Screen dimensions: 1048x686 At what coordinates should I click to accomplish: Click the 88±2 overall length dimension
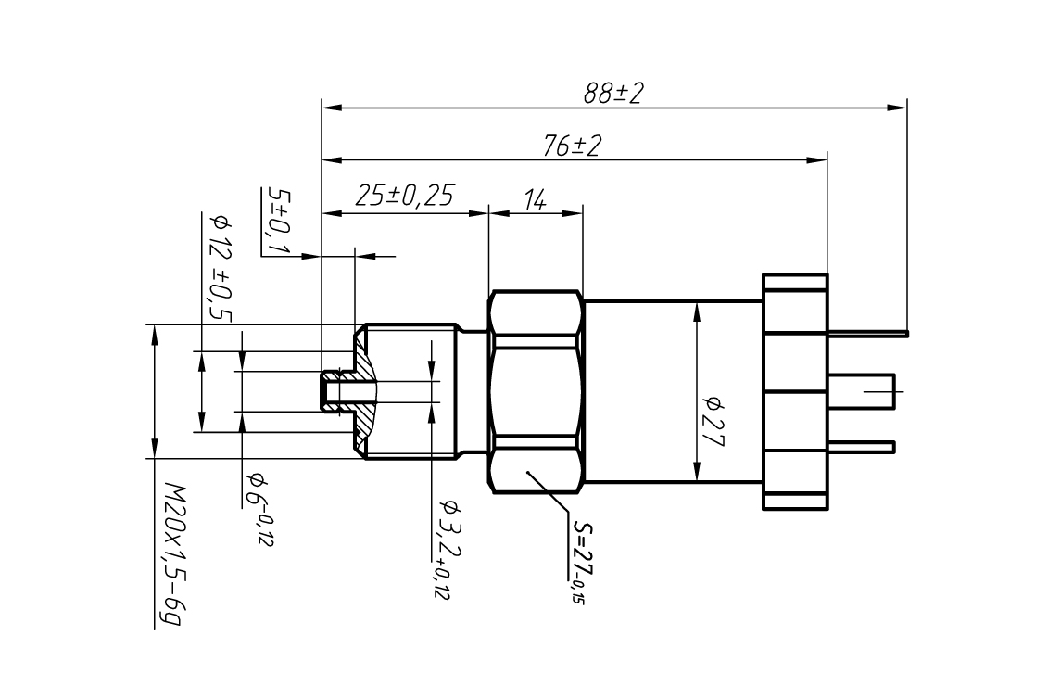click(x=612, y=93)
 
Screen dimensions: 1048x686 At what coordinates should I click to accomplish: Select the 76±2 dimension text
click(x=572, y=146)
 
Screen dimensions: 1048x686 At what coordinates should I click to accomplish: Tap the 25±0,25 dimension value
click(x=404, y=196)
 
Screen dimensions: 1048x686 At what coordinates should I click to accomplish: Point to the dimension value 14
click(x=535, y=199)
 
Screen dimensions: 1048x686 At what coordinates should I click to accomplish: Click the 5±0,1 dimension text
click(x=278, y=221)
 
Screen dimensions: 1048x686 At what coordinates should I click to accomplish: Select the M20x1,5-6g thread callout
click(x=171, y=554)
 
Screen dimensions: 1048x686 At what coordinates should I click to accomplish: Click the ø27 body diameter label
click(x=713, y=421)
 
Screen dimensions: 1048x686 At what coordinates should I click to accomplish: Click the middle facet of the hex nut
click(x=536, y=392)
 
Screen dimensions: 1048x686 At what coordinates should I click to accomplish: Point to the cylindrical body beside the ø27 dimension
click(x=673, y=391)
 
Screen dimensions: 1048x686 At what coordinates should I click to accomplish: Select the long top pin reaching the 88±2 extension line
click(x=867, y=333)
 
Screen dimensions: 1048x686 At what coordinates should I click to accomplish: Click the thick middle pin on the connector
click(x=861, y=391)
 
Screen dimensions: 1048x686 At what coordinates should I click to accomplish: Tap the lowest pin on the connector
click(x=861, y=447)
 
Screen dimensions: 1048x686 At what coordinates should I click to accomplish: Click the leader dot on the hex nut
click(x=528, y=473)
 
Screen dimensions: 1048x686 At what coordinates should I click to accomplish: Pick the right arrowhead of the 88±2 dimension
click(x=897, y=107)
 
